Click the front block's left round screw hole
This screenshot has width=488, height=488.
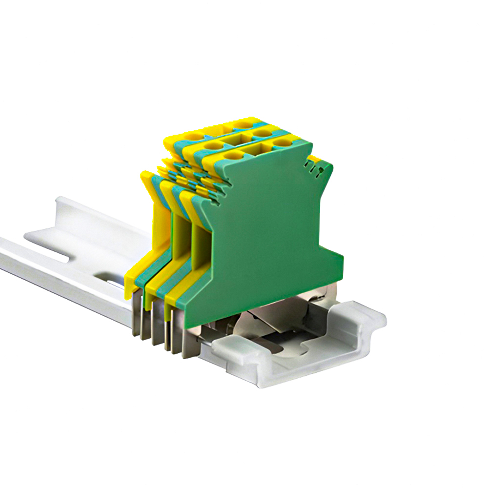(x=233, y=156)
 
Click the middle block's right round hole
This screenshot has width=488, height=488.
(x=262, y=133)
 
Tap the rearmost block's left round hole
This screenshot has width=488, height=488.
(x=195, y=136)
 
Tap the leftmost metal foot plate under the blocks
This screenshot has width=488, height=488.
(x=136, y=312)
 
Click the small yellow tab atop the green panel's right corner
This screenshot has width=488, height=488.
(x=318, y=159)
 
